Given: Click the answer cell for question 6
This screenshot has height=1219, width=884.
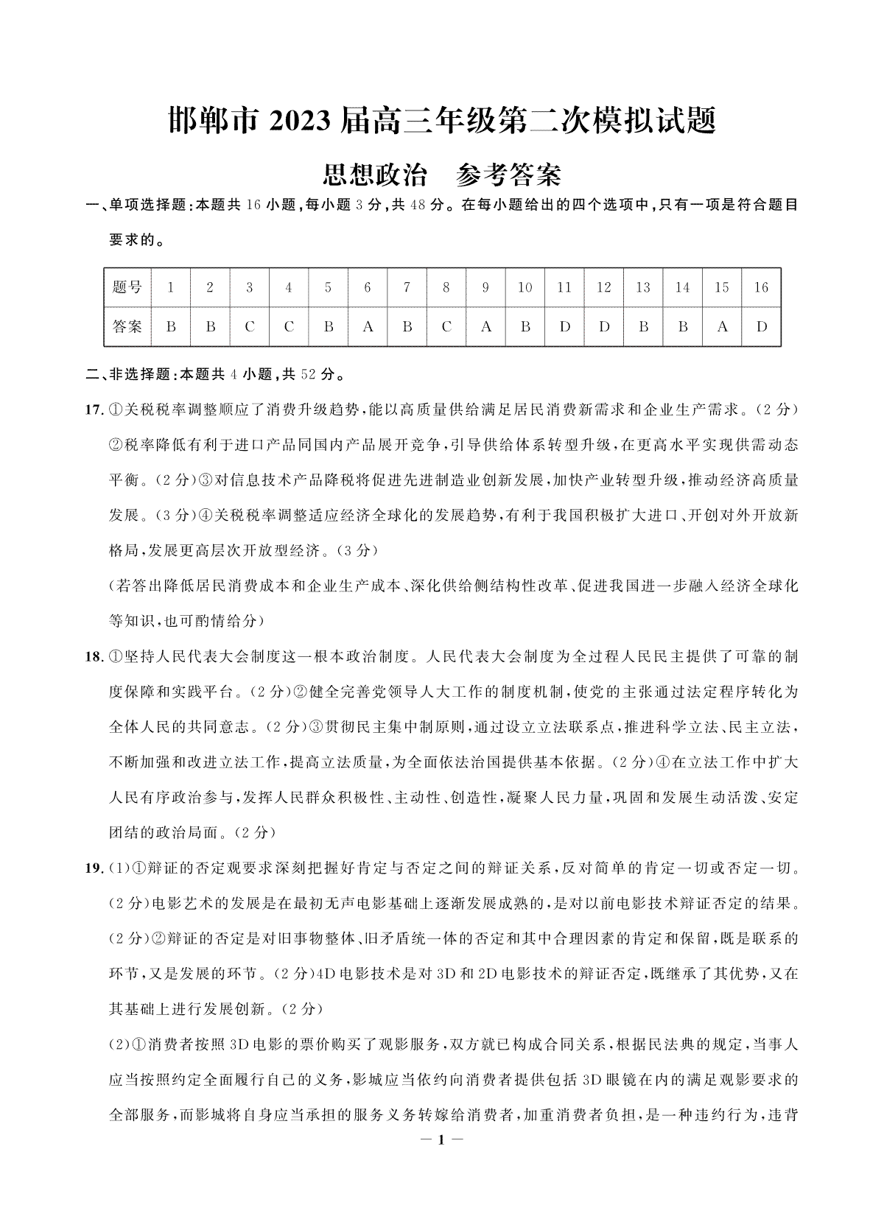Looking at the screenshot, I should click(368, 326).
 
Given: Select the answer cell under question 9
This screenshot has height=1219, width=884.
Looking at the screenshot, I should click(485, 326).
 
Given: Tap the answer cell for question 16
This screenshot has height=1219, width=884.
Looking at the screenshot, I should click(762, 326).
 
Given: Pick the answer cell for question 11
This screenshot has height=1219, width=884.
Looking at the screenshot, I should click(564, 326).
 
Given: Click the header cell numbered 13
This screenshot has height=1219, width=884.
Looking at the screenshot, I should click(643, 287).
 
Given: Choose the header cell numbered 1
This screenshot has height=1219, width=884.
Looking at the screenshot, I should click(171, 287).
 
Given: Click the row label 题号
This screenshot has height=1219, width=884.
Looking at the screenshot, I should click(127, 287).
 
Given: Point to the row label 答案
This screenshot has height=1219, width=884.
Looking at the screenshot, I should click(127, 326).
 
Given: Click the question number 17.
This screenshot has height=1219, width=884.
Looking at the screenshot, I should click(94, 410).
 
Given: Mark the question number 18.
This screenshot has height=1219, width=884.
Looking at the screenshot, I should click(94, 656).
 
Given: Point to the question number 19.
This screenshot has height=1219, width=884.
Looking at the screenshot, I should click(94, 868).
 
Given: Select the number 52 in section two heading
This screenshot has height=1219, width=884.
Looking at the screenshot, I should click(308, 375).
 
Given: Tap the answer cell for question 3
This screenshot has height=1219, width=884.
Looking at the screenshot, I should click(250, 326).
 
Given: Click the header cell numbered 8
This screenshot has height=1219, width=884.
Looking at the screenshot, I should click(446, 287).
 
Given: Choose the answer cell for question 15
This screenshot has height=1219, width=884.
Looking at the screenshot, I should click(722, 326).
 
